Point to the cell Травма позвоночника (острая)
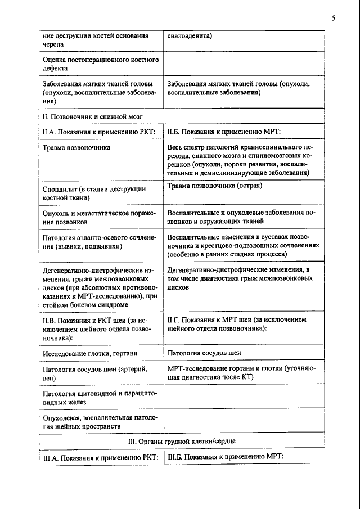[215, 186]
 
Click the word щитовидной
[98, 394]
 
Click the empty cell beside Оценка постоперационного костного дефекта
[244, 63]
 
